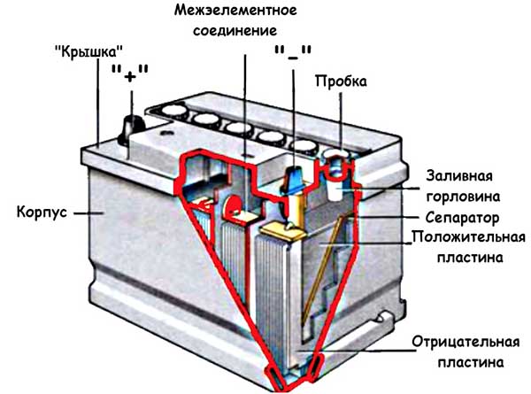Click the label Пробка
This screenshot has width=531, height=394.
(340, 81)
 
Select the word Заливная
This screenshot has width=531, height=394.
(459, 174)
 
